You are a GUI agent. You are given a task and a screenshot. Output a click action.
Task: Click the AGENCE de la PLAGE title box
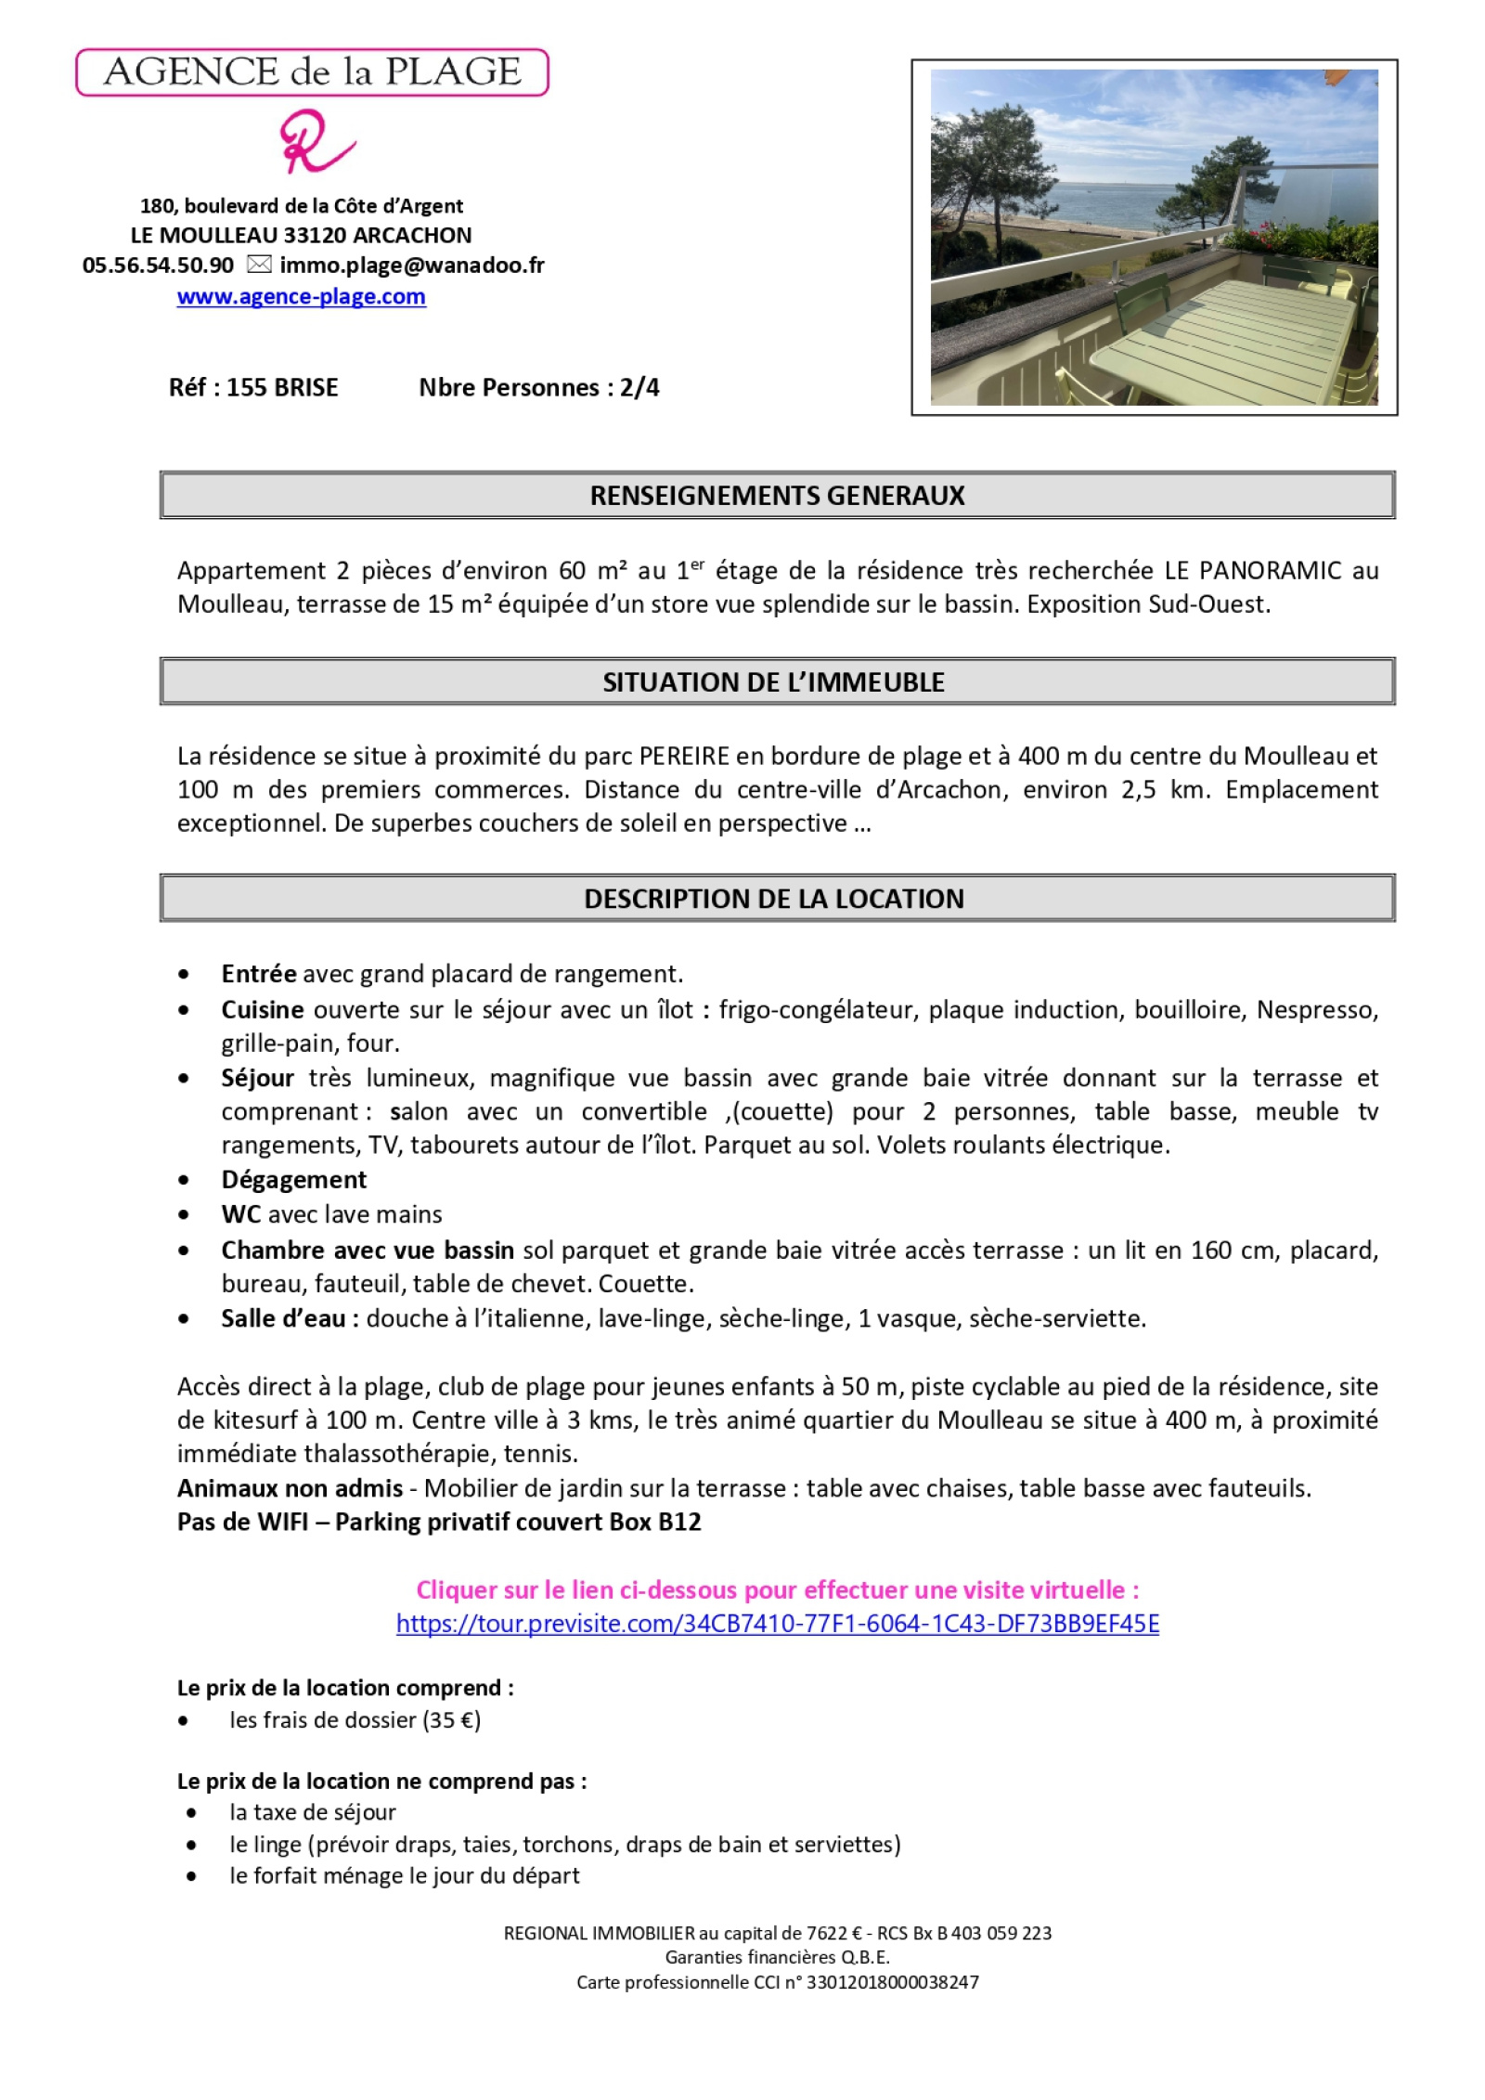click(x=312, y=72)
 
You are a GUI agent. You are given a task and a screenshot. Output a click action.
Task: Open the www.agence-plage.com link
click(x=301, y=296)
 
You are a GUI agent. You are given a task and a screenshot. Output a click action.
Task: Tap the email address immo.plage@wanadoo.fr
click(x=411, y=266)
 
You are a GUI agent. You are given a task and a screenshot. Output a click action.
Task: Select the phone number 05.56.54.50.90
click(x=158, y=266)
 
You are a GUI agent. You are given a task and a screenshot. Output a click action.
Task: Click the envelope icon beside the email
click(x=259, y=265)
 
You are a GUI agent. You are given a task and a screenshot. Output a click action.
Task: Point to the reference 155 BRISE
click(x=282, y=387)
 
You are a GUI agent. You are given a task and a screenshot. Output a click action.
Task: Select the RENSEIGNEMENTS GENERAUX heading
click(x=777, y=495)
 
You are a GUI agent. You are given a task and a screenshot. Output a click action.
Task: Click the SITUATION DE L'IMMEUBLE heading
click(x=773, y=682)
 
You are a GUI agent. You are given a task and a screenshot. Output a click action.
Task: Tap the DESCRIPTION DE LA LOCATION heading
click(x=773, y=899)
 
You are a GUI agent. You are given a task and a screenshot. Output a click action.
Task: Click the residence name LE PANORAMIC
click(x=1253, y=570)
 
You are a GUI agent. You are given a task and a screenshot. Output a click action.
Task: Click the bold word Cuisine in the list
click(x=263, y=1009)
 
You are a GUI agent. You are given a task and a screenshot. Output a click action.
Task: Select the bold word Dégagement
click(x=293, y=1179)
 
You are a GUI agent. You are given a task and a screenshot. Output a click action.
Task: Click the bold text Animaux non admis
click(x=290, y=1488)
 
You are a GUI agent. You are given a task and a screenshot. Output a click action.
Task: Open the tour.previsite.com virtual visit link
click(x=777, y=1624)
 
